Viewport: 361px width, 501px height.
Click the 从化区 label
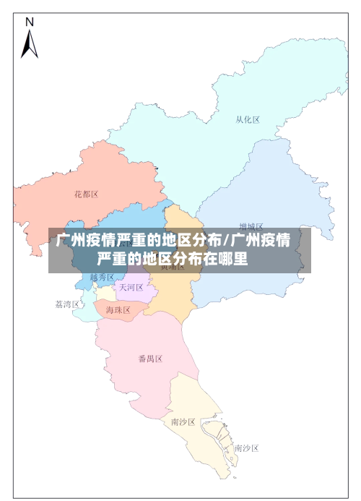coord(248,120)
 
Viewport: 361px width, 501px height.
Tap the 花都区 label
coord(86,194)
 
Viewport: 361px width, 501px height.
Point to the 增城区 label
coord(251,226)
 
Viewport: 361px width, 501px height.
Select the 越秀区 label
coord(102,278)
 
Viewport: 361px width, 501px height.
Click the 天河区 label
coord(131,287)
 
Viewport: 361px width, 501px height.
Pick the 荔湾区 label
coord(67,304)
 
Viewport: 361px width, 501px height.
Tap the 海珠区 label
coord(118,310)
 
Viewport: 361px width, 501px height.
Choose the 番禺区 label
coord(150,359)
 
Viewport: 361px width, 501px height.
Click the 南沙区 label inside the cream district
coord(183,421)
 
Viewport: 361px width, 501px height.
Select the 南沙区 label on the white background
coord(246,448)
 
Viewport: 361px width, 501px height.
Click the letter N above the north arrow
coord(30,22)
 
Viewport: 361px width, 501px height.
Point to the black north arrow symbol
coord(29,44)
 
